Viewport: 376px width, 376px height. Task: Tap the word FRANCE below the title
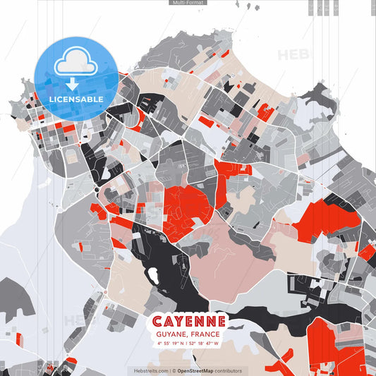(x=205, y=334)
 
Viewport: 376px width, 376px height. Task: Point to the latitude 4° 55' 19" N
(x=170, y=344)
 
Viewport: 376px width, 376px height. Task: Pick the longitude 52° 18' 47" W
(x=205, y=344)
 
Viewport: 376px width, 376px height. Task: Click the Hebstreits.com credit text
(x=151, y=370)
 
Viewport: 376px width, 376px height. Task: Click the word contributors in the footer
(x=229, y=370)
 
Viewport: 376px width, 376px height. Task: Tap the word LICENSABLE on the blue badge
(x=77, y=99)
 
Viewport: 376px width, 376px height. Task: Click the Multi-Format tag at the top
(x=188, y=3)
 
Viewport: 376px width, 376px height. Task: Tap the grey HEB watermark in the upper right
(x=292, y=54)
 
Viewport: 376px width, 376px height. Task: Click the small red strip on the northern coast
(x=225, y=53)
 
